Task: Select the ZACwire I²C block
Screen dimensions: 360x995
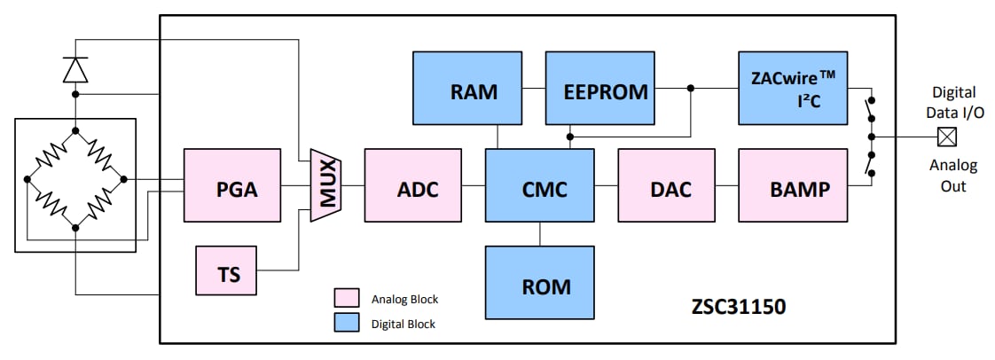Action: click(793, 88)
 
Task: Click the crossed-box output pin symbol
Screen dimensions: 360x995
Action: click(948, 137)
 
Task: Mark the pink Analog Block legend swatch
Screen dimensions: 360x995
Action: click(345, 298)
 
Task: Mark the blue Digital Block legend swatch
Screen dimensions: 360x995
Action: click(345, 323)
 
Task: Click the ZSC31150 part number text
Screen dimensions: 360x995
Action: click(739, 306)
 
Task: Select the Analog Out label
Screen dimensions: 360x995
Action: click(952, 176)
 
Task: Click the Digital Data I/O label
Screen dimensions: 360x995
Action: click(952, 100)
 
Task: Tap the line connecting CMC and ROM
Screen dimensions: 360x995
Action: click(539, 234)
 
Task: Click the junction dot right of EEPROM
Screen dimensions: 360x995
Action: click(690, 88)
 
